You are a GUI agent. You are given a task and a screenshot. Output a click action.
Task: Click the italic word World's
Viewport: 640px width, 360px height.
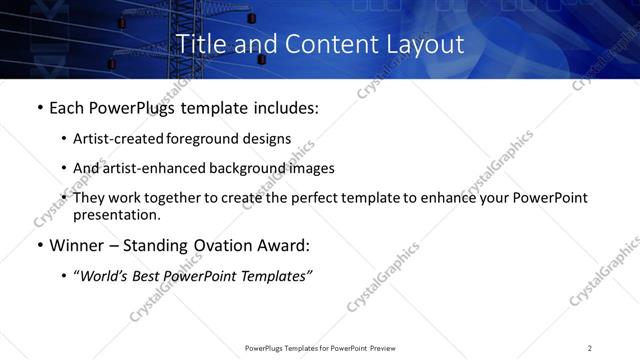(106, 276)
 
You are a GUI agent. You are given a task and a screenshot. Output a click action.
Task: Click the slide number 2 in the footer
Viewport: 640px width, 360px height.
(590, 348)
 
